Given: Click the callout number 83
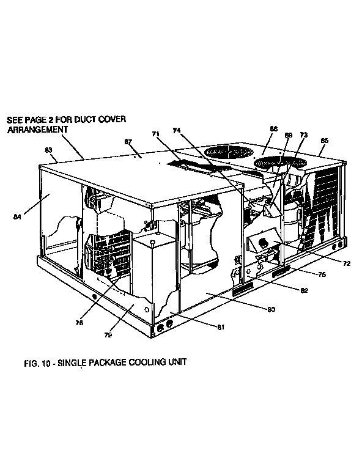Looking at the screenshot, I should click(x=48, y=150).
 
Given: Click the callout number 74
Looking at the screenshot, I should click(x=177, y=130).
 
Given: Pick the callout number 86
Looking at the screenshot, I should click(x=273, y=128).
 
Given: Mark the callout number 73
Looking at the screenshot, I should click(x=304, y=134).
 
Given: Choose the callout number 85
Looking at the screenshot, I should click(x=325, y=141).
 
